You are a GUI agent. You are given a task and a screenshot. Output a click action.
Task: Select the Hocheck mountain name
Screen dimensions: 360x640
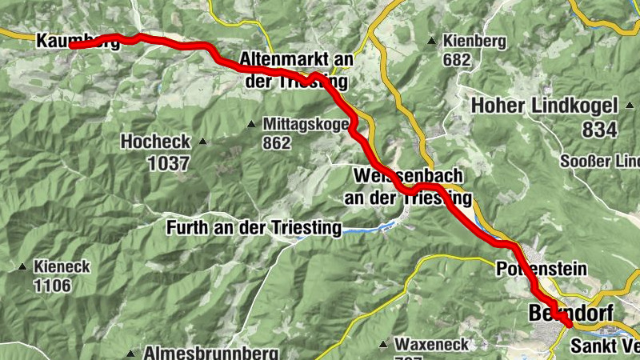155,142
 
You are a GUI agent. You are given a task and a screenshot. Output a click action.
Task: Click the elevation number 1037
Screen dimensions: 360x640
167,163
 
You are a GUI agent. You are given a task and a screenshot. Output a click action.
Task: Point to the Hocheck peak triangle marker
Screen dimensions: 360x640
202,142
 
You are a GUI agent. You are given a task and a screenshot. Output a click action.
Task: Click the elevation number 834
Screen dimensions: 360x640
599,130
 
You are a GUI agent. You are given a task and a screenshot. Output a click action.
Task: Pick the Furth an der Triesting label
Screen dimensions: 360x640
254,228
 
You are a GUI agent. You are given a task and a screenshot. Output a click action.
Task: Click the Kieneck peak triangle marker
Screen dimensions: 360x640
22,267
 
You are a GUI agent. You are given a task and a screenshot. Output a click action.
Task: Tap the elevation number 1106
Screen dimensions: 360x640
52,286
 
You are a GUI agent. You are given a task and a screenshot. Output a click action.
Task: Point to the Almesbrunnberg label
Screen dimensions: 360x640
210,353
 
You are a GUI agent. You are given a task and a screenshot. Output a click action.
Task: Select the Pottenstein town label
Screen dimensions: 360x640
542,269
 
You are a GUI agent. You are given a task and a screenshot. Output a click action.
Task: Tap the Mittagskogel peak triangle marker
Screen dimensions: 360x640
251,124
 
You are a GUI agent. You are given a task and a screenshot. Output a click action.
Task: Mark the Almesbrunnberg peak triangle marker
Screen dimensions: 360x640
130,353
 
